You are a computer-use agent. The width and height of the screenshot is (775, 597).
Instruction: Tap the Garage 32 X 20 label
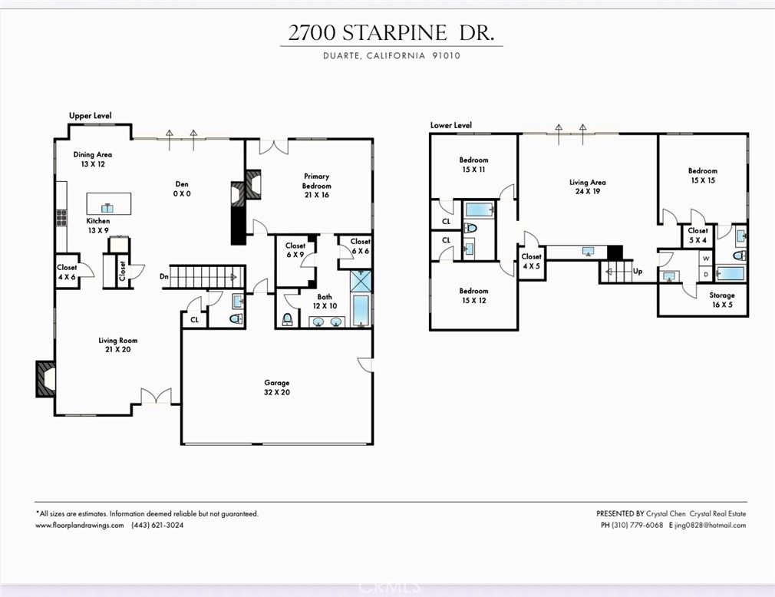(x=277, y=388)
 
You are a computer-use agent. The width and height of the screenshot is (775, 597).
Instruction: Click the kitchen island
(x=107, y=204)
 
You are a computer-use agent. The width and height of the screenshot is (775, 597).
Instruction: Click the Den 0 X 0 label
(x=182, y=189)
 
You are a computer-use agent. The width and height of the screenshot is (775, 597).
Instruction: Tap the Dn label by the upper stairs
(x=163, y=276)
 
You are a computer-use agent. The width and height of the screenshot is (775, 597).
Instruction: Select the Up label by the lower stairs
(x=637, y=272)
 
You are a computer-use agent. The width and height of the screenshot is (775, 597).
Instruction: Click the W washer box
(x=706, y=259)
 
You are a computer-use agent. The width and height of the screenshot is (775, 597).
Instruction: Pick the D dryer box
(x=706, y=274)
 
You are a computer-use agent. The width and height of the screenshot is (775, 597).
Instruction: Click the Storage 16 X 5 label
(x=721, y=299)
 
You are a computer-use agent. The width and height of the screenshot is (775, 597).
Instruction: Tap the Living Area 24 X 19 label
(x=587, y=187)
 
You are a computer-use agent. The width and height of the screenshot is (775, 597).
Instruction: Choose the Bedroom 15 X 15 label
(x=702, y=176)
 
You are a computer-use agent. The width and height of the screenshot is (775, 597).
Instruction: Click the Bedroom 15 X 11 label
(x=473, y=164)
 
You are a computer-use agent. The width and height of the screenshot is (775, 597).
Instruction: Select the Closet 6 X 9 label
(x=295, y=250)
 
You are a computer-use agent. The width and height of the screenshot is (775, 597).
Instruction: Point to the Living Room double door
(x=156, y=397)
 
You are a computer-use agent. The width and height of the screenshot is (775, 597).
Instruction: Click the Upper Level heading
(x=91, y=116)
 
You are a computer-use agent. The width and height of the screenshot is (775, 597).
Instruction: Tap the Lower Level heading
(x=451, y=125)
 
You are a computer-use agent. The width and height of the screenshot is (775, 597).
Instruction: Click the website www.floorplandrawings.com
(x=80, y=526)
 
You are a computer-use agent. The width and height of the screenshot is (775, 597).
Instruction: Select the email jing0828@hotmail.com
(x=711, y=526)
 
